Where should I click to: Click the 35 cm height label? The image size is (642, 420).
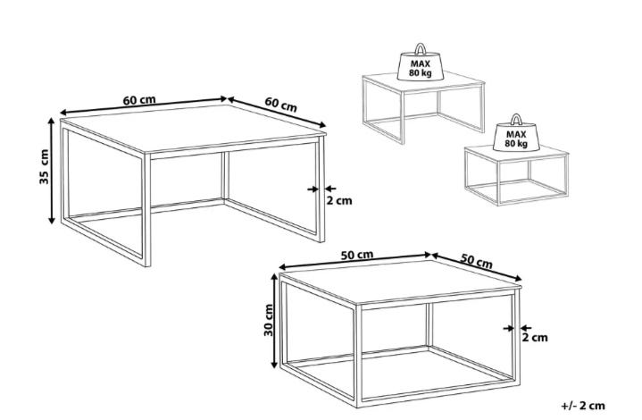point(45,166)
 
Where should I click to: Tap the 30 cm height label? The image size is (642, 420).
point(269,320)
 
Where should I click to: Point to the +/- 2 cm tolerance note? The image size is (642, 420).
point(583,406)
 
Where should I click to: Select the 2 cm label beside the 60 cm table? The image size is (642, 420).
point(339,201)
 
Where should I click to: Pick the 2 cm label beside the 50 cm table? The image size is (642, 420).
point(535,338)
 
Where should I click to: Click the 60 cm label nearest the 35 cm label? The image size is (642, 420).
point(139,100)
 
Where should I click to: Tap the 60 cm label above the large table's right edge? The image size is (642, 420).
point(281,104)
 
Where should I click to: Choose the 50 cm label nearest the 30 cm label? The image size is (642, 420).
point(357,255)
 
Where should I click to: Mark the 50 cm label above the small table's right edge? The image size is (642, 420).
point(476,261)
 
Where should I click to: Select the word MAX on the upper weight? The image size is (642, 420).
point(420,64)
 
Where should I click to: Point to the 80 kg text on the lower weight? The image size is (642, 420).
point(516,143)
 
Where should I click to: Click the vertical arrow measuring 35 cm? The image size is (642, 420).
point(51,171)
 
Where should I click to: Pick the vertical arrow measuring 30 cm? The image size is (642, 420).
point(275,321)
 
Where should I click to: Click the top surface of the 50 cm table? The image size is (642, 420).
point(400,281)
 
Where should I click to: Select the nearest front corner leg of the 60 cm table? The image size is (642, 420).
point(147,210)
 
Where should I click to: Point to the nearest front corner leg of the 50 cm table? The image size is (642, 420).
point(358,356)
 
